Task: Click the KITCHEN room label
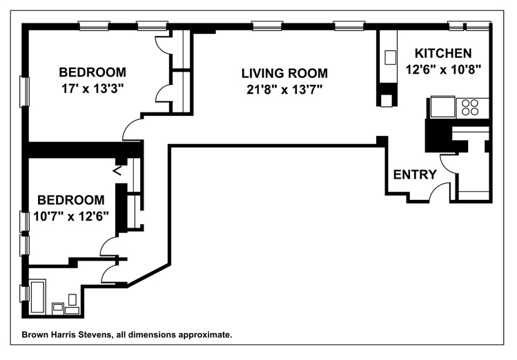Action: (x=443, y=53)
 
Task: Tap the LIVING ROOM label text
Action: (x=284, y=73)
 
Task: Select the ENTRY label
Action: (x=415, y=174)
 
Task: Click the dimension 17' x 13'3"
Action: (x=92, y=88)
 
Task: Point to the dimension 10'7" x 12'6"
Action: (x=71, y=217)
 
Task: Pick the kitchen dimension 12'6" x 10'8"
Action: (x=443, y=70)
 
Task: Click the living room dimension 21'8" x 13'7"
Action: (x=284, y=89)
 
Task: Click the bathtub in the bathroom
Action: (x=37, y=297)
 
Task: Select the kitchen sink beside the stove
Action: (x=443, y=107)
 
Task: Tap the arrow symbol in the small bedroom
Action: (x=117, y=171)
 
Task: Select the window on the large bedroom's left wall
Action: (x=24, y=92)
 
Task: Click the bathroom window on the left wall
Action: (x=24, y=294)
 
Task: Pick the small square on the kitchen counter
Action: (x=391, y=57)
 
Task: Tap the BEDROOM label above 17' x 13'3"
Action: (x=92, y=72)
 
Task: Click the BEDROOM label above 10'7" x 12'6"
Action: (x=71, y=200)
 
